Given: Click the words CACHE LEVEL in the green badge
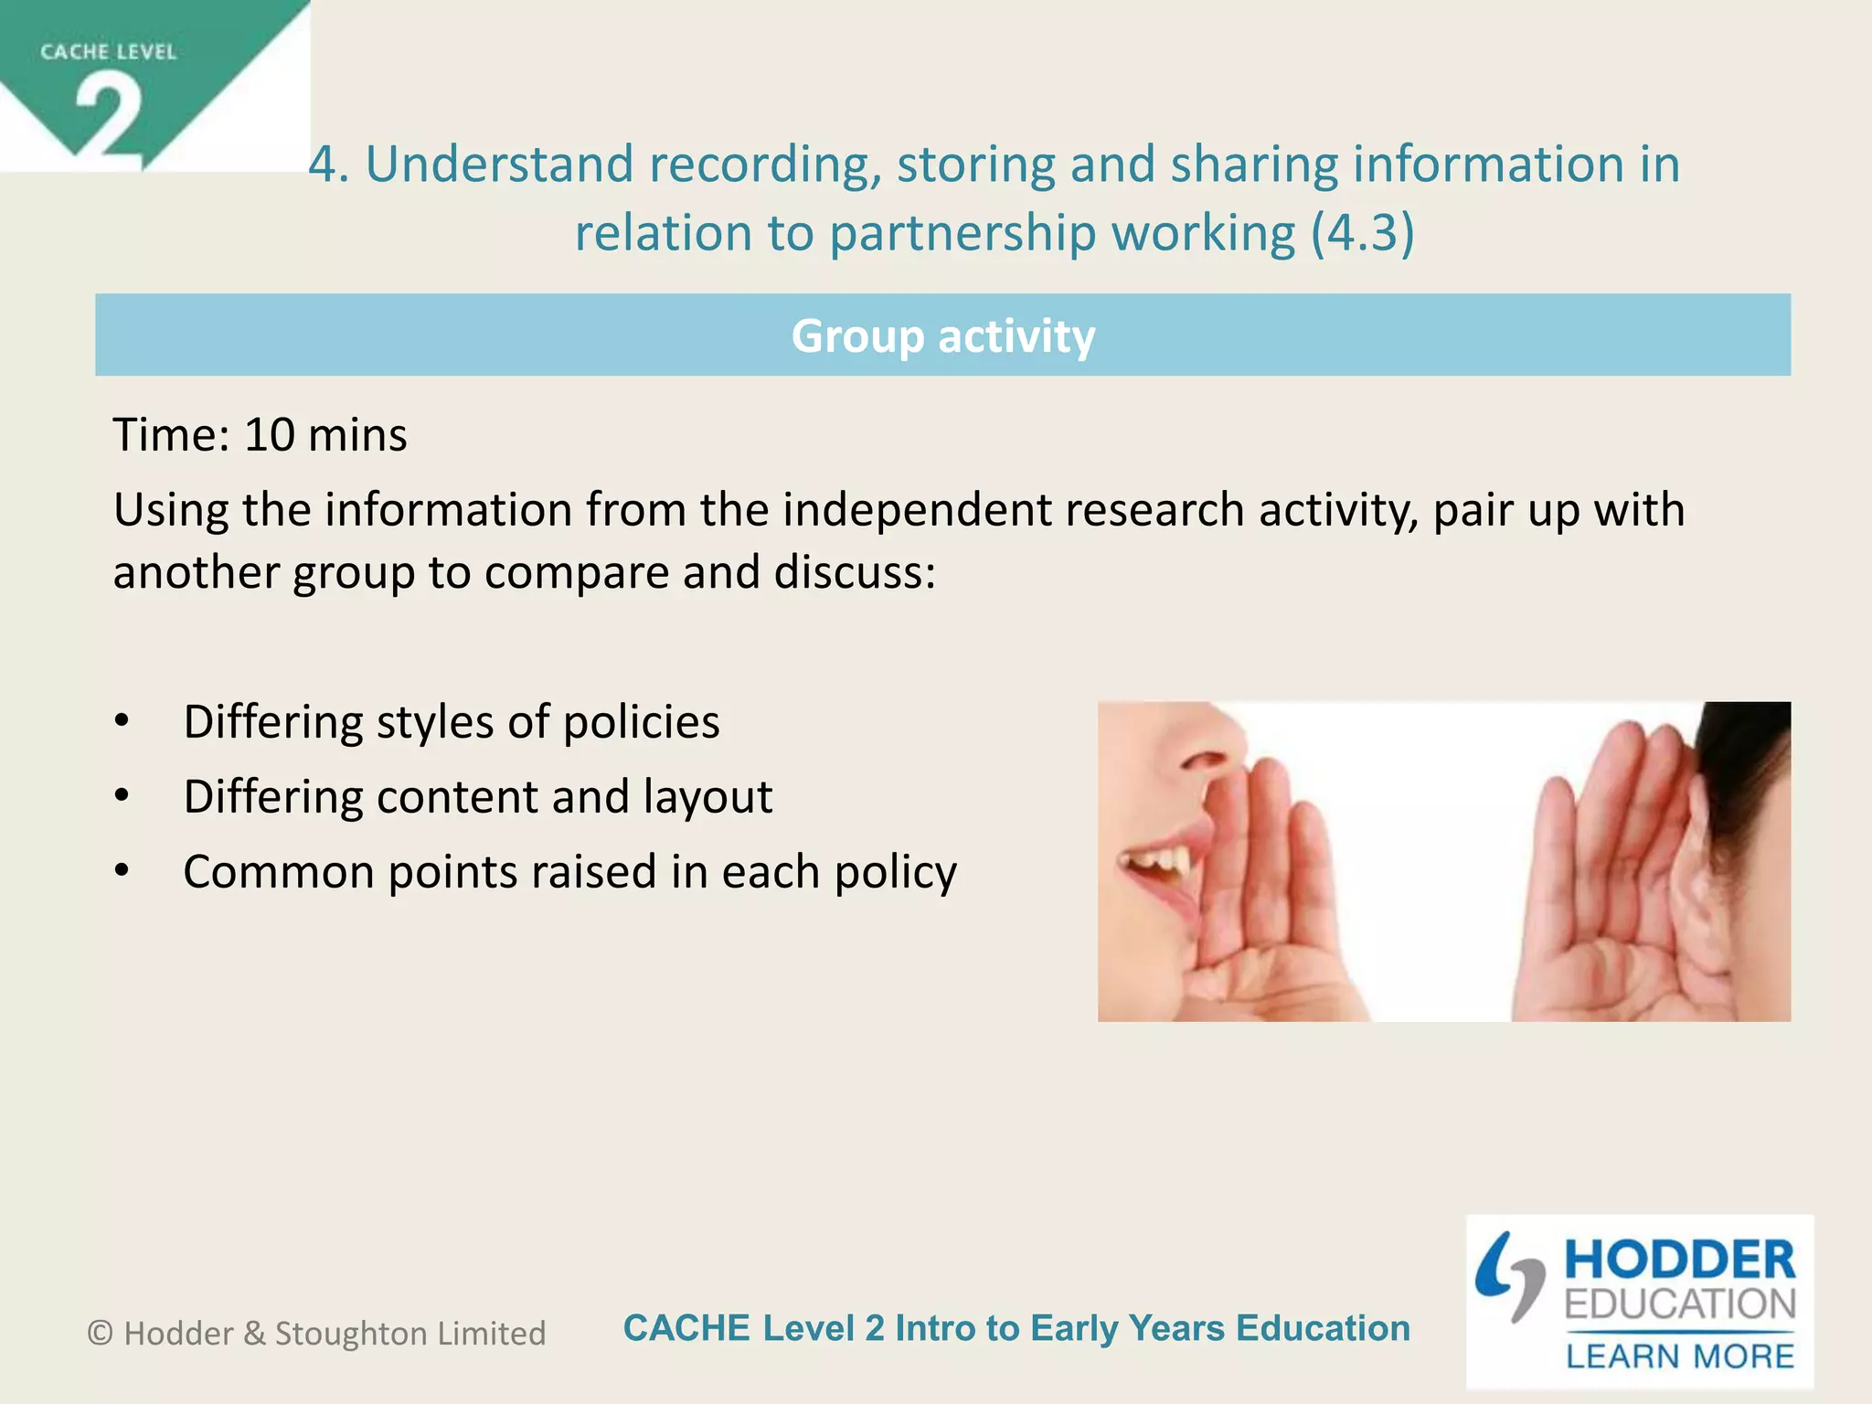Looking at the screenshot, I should [108, 52].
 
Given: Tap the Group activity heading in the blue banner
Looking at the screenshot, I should [942, 335].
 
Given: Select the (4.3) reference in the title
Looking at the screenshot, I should [1362, 233].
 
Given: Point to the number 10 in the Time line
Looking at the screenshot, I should [270, 435].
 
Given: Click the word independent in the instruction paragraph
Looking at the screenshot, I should [917, 510].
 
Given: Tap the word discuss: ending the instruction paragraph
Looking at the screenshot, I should [855, 573].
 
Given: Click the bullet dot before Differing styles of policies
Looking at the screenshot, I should [122, 722].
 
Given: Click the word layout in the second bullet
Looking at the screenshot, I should [707, 797].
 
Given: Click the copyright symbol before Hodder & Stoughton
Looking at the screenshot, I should [100, 1334].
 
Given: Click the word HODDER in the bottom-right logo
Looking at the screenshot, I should [1680, 1260].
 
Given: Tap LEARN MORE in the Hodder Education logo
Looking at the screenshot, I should [1680, 1356].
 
